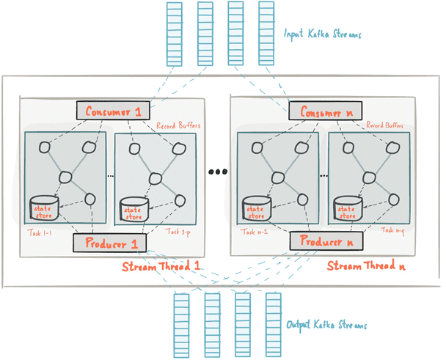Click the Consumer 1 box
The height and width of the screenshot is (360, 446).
pyautogui.click(x=113, y=110)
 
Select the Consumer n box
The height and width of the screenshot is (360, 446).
pyautogui.click(x=326, y=111)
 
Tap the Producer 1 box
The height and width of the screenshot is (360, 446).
pyautogui.click(x=110, y=243)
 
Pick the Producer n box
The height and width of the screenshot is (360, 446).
pyautogui.click(x=326, y=241)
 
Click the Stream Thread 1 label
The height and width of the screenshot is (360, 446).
pyautogui.click(x=161, y=266)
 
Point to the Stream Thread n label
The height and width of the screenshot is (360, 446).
pyautogui.click(x=366, y=265)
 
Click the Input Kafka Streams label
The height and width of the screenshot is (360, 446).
pyautogui.click(x=322, y=34)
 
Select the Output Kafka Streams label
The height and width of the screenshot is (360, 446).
pyautogui.click(x=326, y=325)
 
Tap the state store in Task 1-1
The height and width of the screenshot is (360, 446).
pyautogui.click(x=44, y=208)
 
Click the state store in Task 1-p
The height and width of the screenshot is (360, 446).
pyautogui.click(x=134, y=210)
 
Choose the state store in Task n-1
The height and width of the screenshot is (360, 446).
pyautogui.click(x=257, y=208)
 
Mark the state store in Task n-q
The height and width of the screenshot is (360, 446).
pyautogui.click(x=348, y=208)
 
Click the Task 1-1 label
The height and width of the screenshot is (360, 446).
pyautogui.click(x=40, y=233)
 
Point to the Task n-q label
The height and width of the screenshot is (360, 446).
pyautogui.click(x=392, y=230)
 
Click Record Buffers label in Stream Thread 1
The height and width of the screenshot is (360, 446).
pyautogui.click(x=178, y=125)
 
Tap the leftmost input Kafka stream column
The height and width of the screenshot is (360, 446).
pyautogui.click(x=175, y=34)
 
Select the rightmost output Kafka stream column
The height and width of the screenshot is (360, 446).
pyautogui.click(x=274, y=325)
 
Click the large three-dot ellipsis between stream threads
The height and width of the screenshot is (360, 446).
pyautogui.click(x=218, y=172)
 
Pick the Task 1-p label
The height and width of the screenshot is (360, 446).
pyautogui.click(x=178, y=232)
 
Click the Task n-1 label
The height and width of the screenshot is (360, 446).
pyautogui.click(x=254, y=232)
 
